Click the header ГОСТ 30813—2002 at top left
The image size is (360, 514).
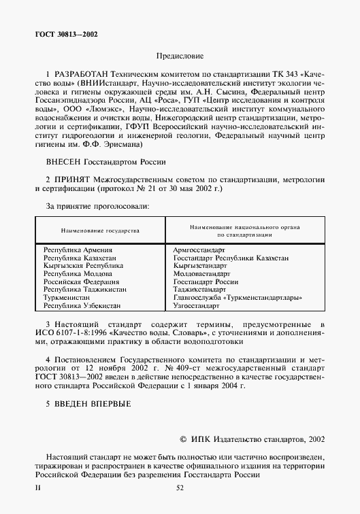coord(65,33)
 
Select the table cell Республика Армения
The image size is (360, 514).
coord(76,251)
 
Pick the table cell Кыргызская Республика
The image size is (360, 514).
coord(83,266)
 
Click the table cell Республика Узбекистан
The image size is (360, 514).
coord(82,306)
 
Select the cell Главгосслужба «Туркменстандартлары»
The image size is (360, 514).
coord(238,298)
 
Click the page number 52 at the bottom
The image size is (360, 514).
coord(180,487)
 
